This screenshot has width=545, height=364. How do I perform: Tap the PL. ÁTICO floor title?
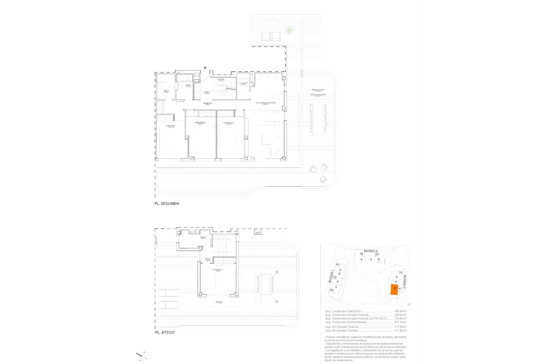pos(165,332)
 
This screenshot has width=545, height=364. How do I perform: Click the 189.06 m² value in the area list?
pos(401,311)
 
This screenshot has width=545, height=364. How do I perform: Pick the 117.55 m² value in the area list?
pos(401,327)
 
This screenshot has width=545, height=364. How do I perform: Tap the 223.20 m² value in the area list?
pos(401,322)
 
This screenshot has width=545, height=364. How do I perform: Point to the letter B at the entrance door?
pos(205,68)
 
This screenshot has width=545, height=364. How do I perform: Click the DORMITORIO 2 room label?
pos(201,123)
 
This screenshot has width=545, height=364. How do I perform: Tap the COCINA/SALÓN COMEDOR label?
pos(266,103)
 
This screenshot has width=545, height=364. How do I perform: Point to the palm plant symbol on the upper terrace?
pos(289,30)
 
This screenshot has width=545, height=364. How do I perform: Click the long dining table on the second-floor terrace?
pos(318,119)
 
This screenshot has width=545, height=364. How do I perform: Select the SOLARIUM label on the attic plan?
pos(219,302)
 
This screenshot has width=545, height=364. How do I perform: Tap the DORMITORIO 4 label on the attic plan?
pos(218,270)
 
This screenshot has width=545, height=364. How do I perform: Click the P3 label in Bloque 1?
pos(331,290)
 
